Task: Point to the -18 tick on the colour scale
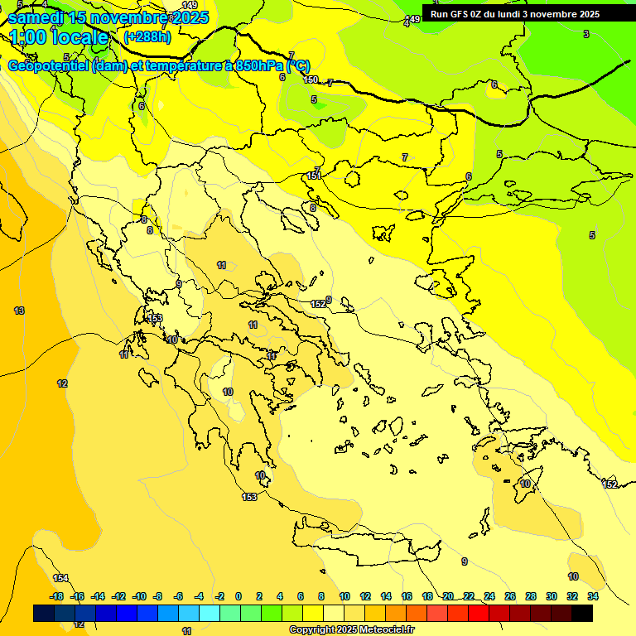[x=56, y=596]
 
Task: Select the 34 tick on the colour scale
[x=592, y=596]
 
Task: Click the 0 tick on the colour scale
[x=238, y=596]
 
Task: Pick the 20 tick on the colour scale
[x=448, y=596]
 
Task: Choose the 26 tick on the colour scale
[x=510, y=596]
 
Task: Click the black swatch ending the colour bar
[x=582, y=613]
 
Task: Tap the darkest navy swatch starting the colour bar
[x=44, y=613]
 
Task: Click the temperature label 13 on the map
[x=19, y=311]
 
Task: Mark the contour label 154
[x=60, y=578]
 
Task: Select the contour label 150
[x=311, y=79]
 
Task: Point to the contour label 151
[x=314, y=176]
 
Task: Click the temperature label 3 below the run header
[x=586, y=34]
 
